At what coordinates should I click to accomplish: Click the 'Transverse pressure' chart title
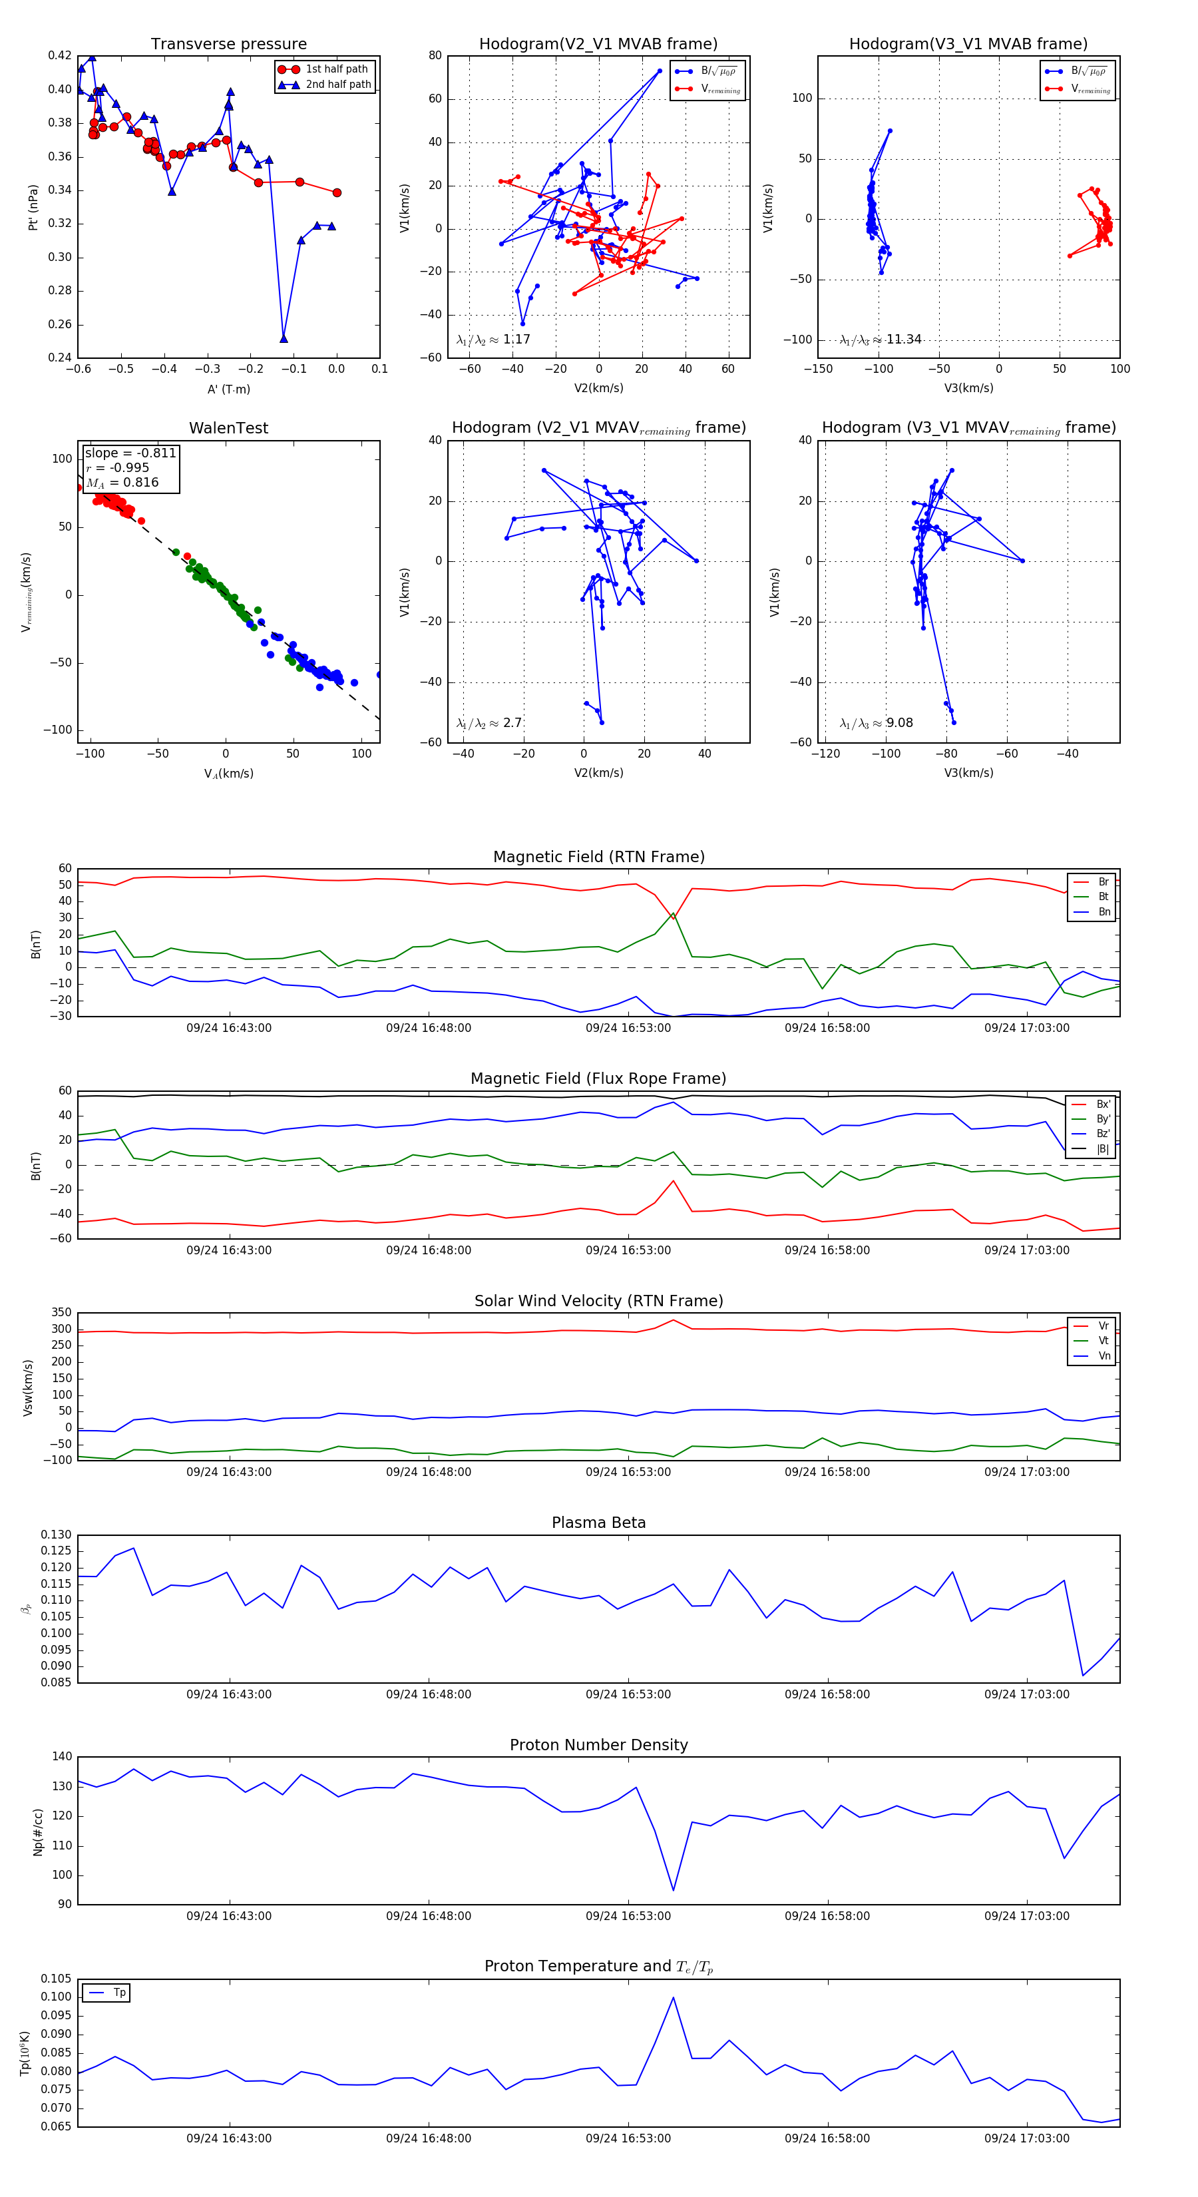click(228, 45)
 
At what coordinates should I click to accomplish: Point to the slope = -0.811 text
click(130, 453)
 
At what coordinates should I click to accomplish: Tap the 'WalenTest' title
click(228, 428)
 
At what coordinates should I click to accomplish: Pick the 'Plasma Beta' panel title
click(598, 1523)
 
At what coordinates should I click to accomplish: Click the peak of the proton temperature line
click(673, 1997)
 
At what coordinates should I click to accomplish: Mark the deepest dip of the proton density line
click(674, 1890)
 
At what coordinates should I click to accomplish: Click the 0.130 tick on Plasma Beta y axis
click(57, 1535)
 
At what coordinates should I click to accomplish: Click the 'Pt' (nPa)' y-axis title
click(33, 207)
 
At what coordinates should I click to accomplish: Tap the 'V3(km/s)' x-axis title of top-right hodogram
click(968, 388)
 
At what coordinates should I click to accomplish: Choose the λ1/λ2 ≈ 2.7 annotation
click(489, 723)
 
